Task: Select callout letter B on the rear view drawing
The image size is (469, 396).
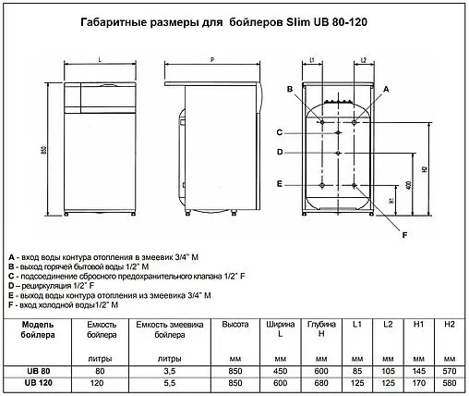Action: [x=289, y=88]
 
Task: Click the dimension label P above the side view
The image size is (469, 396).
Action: [x=212, y=57]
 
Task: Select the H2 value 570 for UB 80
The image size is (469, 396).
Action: [x=450, y=370]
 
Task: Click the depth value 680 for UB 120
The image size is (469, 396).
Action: [x=322, y=382]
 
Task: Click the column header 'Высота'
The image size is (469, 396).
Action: [x=235, y=325]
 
